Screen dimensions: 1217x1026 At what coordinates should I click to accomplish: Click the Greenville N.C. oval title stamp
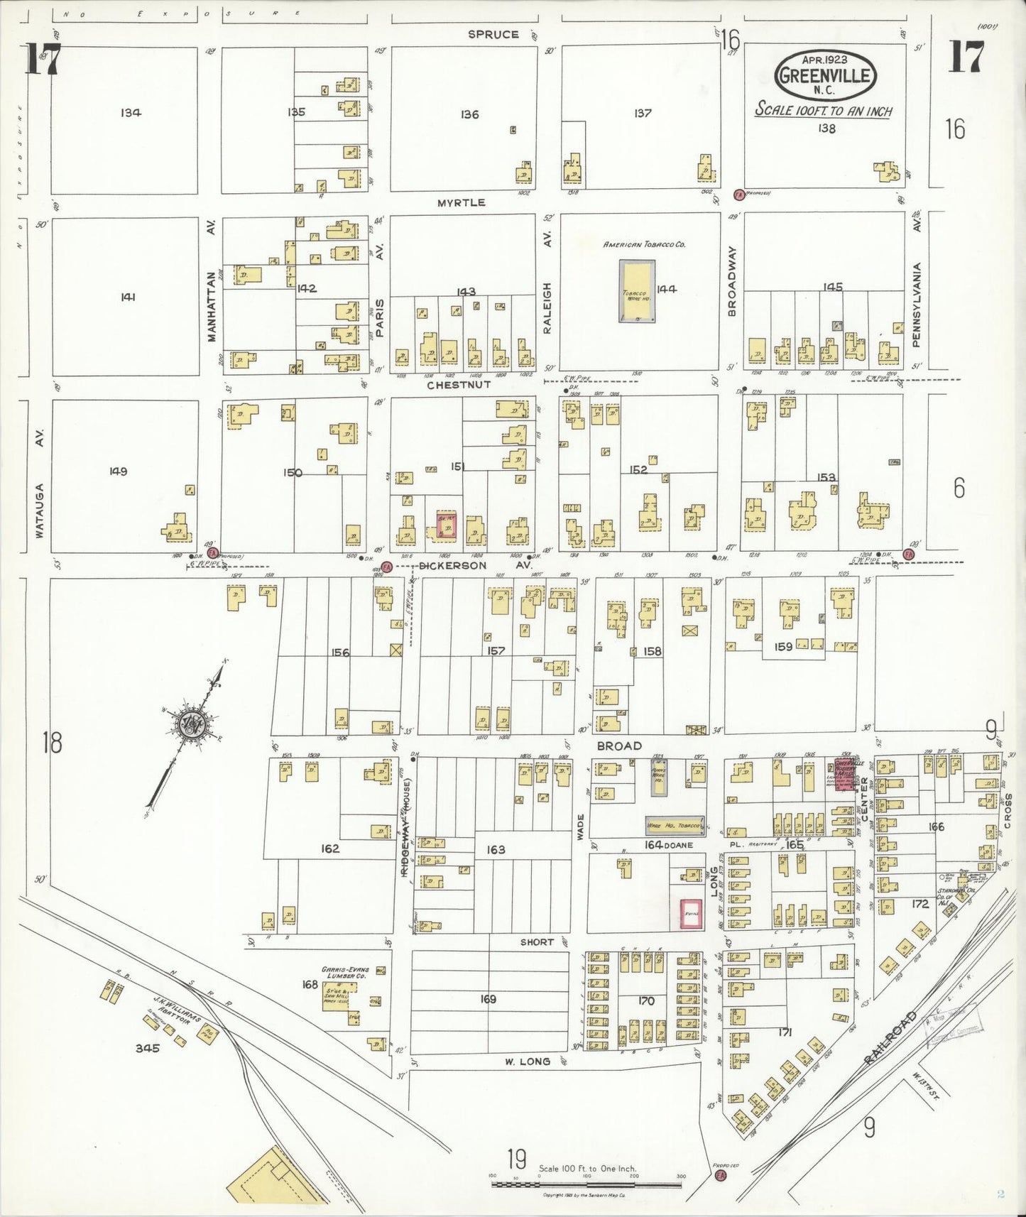pos(825,75)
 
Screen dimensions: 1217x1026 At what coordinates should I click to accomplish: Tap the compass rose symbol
pos(192,725)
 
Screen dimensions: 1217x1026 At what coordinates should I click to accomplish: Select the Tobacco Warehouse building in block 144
pos(637,291)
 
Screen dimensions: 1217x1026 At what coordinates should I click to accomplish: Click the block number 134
pos(131,112)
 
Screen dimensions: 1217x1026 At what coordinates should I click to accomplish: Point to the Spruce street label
pos(493,34)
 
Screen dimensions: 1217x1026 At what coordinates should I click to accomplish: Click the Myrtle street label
pos(461,202)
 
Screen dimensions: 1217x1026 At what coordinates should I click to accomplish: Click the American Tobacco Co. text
pos(643,244)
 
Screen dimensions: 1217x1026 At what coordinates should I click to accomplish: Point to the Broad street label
pos(618,746)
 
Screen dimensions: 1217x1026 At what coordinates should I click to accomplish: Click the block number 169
pos(488,999)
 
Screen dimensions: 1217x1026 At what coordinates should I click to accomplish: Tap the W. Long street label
pos(527,1062)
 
